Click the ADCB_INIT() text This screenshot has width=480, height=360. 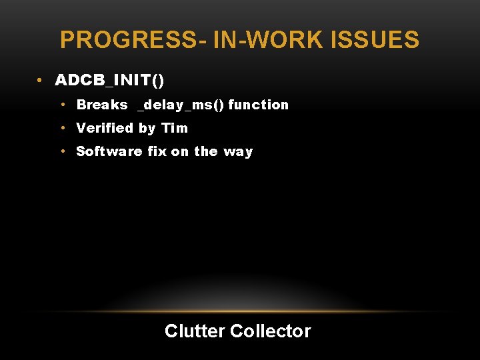point(109,81)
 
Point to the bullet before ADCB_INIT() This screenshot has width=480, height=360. point(41,81)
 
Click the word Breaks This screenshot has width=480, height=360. point(102,105)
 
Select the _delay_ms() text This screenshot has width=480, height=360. point(181,105)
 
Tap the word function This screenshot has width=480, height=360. point(259,105)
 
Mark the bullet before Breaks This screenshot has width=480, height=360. point(61,105)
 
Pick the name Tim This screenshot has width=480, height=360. point(175,128)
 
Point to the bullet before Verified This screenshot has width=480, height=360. point(61,128)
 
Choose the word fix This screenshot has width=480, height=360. point(157,151)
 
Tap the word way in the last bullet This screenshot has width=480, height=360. point(238,152)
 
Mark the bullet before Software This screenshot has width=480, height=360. point(61,151)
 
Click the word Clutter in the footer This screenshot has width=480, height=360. point(194,331)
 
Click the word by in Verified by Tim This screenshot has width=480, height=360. point(147,129)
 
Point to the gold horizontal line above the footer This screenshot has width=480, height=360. point(240,311)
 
